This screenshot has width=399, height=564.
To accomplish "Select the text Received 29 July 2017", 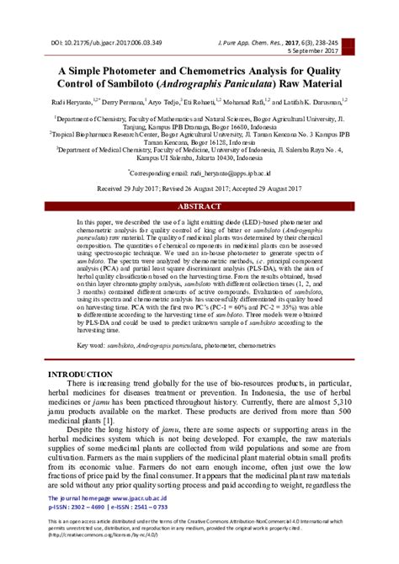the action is [130, 190].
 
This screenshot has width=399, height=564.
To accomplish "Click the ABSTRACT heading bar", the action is [199, 206].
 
